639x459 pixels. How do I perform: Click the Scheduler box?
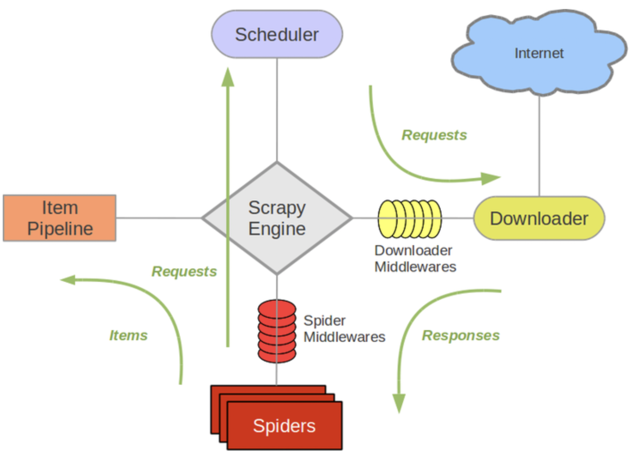(x=277, y=34)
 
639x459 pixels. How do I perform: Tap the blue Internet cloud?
(x=539, y=53)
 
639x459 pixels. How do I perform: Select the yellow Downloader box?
(x=539, y=218)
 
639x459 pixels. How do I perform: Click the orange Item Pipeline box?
(x=60, y=218)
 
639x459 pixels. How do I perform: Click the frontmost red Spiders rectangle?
(x=284, y=425)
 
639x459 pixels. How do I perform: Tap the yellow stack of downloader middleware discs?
(x=410, y=219)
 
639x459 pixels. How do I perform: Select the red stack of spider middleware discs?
(x=277, y=331)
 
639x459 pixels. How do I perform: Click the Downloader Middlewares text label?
(x=415, y=259)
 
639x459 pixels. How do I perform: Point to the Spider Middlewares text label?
(x=344, y=329)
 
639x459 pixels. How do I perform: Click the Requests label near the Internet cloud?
(x=434, y=135)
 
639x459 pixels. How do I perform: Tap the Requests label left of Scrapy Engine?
(x=184, y=272)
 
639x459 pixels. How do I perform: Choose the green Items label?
(x=128, y=336)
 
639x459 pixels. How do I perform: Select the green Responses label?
(x=461, y=336)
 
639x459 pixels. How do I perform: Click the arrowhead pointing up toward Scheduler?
(x=228, y=77)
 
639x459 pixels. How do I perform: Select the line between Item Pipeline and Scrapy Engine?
(x=159, y=218)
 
